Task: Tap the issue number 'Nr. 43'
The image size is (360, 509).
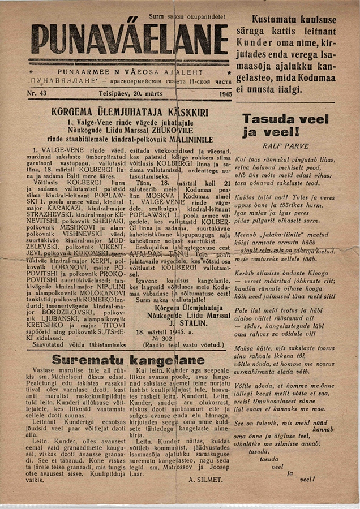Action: (x=38, y=93)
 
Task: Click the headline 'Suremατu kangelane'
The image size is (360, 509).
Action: (x=128, y=360)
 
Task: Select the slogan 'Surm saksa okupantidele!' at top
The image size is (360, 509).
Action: (x=187, y=17)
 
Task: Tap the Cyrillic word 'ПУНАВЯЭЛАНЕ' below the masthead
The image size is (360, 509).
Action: (x=54, y=82)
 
